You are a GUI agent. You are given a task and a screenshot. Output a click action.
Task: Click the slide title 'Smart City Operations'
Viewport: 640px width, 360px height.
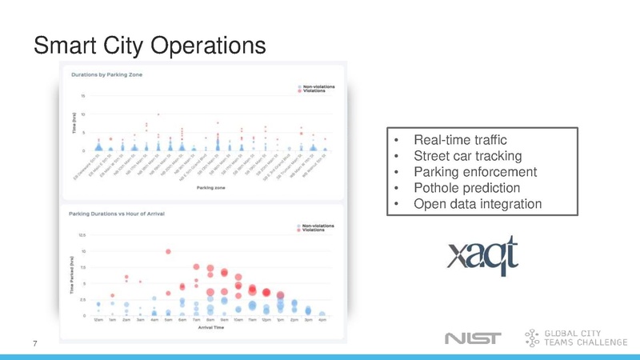pos(149,45)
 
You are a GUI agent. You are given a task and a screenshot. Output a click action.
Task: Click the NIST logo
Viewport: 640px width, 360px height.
pos(472,338)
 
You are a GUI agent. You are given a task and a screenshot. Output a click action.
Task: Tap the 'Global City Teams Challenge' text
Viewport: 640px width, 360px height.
pos(585,338)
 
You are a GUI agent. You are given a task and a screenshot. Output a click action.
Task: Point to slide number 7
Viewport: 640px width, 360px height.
pos(35,343)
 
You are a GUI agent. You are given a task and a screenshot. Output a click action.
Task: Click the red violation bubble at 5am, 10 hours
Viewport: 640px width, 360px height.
pos(169,251)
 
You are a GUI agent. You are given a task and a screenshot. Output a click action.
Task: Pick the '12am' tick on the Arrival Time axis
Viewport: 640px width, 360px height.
pos(98,321)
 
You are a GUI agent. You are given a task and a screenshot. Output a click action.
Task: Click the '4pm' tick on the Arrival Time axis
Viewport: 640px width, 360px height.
pos(322,321)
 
